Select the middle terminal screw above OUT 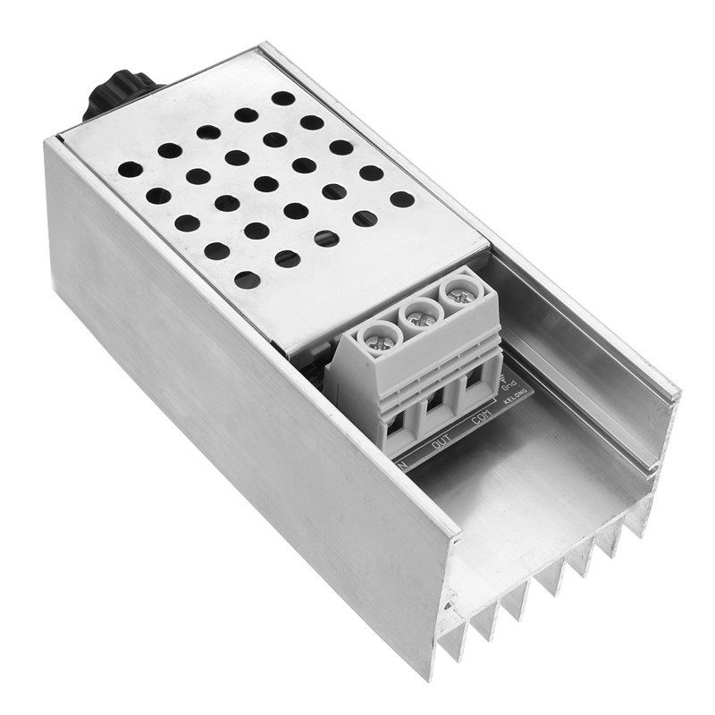pyautogui.click(x=416, y=315)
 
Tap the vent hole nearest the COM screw pyautogui.click(x=402, y=199)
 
